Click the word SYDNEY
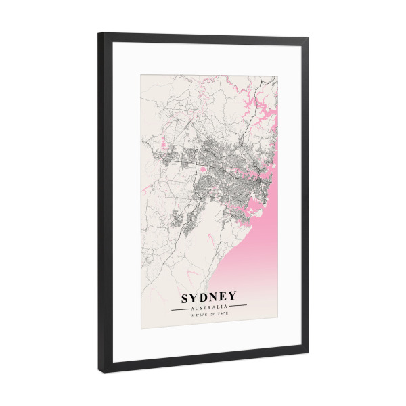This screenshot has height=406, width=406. tap(208, 296)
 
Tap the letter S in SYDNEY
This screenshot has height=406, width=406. tap(185, 296)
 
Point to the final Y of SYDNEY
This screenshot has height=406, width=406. tap(232, 296)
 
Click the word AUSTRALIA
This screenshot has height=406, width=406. tap(208, 307)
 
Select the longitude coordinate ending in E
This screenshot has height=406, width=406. tap(219, 314)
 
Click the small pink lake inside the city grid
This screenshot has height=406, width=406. tap(202, 168)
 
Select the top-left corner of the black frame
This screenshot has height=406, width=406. tap(99, 34)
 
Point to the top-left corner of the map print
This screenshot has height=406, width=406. tap(141, 74)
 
